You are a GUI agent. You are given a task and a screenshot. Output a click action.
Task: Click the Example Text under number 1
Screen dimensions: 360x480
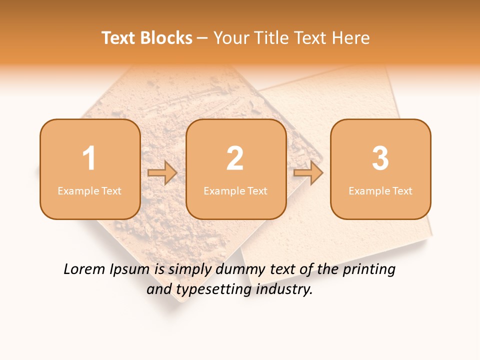(89, 191)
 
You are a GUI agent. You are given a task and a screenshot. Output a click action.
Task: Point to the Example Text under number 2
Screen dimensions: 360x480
(235, 191)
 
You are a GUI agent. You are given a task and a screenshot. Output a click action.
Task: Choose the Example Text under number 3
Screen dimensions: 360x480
(380, 191)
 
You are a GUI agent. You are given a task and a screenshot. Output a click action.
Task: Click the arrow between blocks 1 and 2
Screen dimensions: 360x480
(162, 173)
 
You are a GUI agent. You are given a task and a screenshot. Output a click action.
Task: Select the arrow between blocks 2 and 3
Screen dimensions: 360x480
(308, 173)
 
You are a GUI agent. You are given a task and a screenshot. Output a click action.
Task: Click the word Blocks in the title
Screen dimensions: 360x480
(166, 38)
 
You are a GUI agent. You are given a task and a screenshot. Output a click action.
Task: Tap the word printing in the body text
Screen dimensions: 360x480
(369, 270)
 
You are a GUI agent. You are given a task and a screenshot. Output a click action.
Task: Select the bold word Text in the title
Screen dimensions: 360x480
(119, 38)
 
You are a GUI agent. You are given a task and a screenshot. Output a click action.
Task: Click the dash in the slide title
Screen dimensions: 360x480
(203, 38)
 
